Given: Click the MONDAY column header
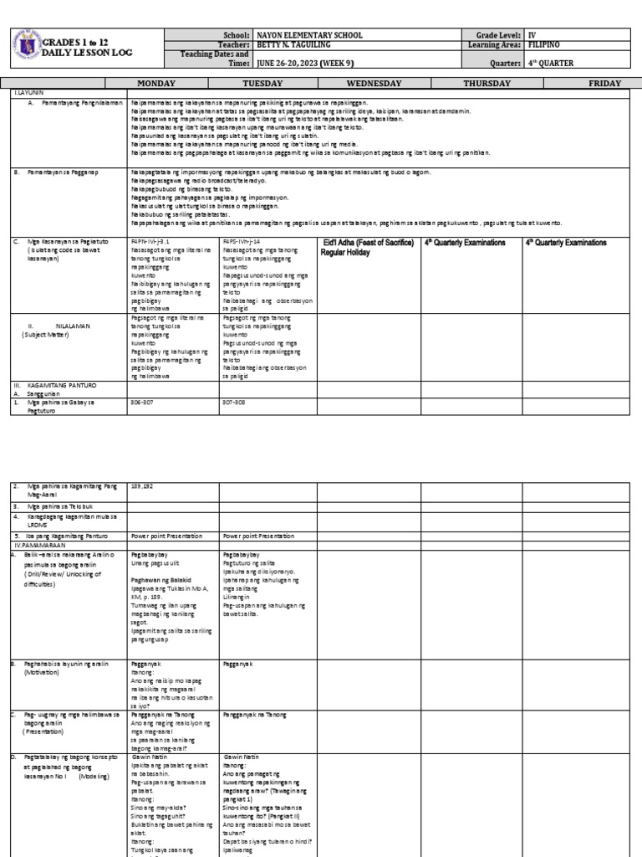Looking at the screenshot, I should click(x=172, y=84).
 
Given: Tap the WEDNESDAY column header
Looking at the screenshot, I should click(x=368, y=84).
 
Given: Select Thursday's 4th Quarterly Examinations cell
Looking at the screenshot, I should click(x=464, y=241).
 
